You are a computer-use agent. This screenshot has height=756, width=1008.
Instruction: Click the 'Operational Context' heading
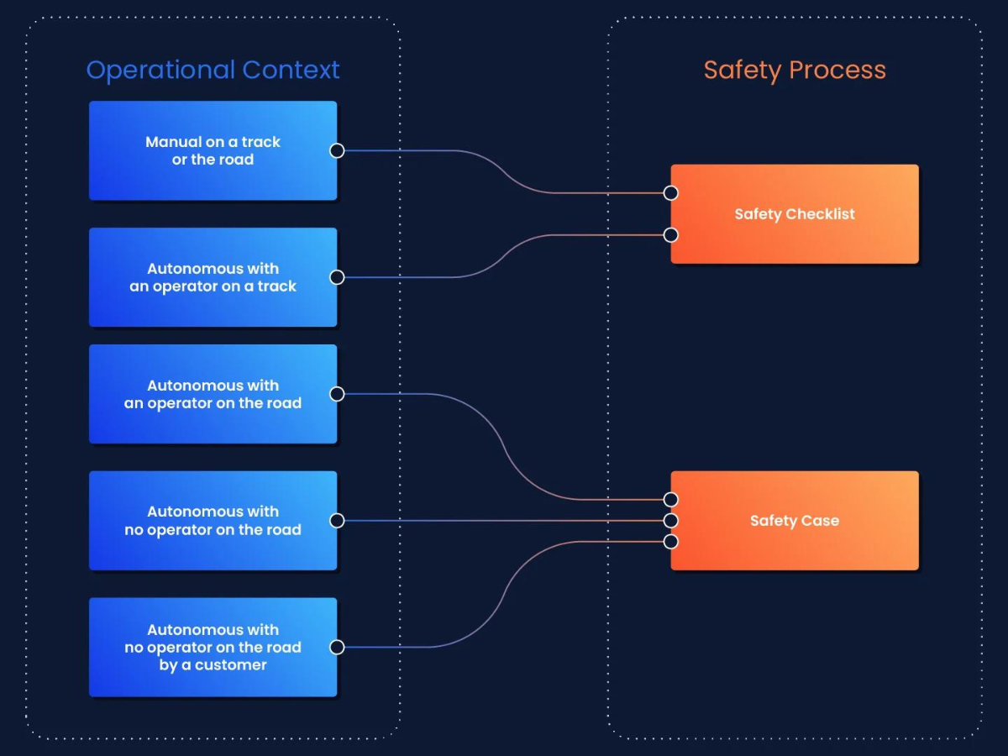point(213,70)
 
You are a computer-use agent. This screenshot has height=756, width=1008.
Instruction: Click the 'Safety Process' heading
point(795,70)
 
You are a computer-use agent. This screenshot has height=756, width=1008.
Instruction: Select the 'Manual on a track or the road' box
point(213,150)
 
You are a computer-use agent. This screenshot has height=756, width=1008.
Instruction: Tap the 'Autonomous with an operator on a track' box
point(213,277)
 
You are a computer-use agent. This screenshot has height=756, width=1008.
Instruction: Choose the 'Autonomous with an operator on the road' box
point(213,394)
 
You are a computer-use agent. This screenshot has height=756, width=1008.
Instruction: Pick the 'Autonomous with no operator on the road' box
point(213,521)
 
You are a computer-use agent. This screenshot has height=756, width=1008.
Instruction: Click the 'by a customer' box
point(213,647)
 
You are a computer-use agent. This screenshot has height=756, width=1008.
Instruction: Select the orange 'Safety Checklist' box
point(795,214)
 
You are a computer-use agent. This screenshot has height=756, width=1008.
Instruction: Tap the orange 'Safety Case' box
point(795,521)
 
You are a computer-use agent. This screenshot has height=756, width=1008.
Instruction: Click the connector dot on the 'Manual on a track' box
point(337,150)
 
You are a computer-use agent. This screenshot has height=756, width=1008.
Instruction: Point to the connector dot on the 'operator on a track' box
point(337,277)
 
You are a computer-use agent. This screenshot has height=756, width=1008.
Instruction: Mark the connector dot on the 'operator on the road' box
point(337,394)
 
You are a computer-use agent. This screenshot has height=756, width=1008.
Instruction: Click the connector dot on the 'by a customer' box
point(337,647)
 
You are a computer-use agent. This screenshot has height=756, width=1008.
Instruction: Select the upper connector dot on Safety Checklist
point(670,193)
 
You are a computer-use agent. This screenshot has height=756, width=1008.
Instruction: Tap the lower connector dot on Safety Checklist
point(670,235)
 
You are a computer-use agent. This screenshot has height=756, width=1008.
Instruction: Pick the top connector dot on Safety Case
point(670,500)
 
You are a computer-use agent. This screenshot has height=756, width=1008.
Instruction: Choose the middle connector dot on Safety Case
point(670,521)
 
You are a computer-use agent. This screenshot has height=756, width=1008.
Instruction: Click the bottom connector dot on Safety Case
point(670,542)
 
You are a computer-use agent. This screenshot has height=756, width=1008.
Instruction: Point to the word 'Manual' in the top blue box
point(174,142)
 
